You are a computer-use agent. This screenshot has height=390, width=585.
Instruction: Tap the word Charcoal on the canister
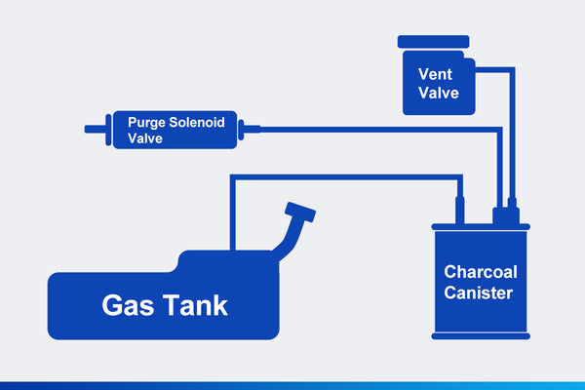[480, 271]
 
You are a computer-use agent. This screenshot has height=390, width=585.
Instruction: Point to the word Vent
[436, 73]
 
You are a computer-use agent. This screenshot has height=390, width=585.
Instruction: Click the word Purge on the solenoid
[147, 122]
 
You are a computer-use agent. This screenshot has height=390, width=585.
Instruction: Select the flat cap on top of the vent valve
[436, 42]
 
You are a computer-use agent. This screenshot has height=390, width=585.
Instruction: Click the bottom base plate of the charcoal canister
[482, 335]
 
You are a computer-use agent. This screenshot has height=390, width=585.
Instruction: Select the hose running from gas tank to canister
[341, 176]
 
